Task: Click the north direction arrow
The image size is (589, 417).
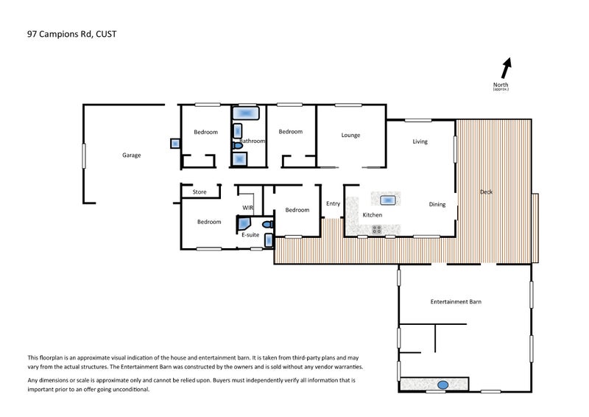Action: click(507, 68)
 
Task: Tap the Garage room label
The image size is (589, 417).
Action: click(132, 155)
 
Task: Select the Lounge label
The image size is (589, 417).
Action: click(350, 135)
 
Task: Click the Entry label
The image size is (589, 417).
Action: click(333, 203)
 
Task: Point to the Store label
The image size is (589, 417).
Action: click(200, 192)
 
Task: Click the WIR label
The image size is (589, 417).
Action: click(247, 208)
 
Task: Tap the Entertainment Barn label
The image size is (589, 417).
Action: click(456, 301)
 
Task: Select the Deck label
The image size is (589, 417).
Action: click(486, 192)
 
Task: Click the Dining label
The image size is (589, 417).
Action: click(437, 204)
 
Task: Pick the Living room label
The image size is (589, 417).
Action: click(420, 141)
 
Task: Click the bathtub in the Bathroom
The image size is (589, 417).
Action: click(246, 113)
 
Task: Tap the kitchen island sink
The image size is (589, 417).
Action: click(388, 200)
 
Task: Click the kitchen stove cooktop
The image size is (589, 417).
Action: click(377, 229)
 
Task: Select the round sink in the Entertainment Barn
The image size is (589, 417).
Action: click(443, 385)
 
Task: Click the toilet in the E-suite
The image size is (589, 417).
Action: click(268, 225)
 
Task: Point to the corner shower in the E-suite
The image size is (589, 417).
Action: click(244, 222)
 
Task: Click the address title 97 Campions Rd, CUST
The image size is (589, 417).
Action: click(71, 34)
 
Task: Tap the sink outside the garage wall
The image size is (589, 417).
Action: click(175, 143)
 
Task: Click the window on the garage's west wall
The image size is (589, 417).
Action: click(84, 155)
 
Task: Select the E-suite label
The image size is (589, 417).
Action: click(250, 234)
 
